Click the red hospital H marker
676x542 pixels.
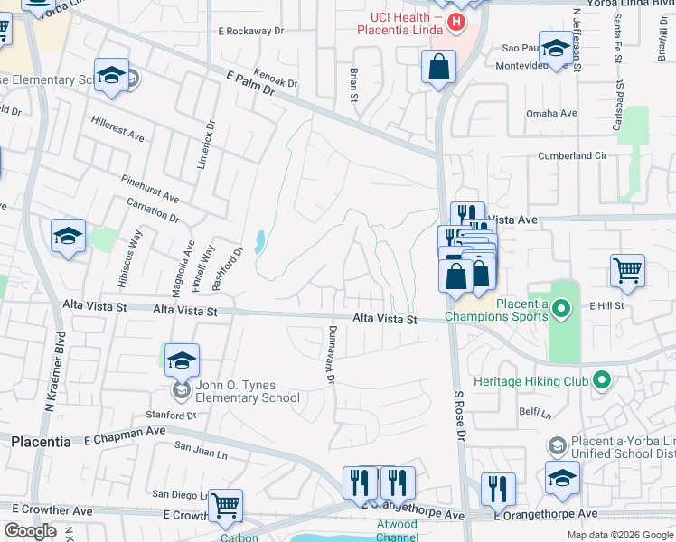tap(457, 22)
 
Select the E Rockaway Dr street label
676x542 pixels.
tap(250, 31)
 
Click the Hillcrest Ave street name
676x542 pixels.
tap(117, 127)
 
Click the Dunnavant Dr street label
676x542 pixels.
tap(332, 355)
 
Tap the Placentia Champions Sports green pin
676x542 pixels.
tap(561, 310)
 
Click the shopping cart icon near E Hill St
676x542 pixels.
tap(627, 269)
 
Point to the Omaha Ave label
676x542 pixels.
tap(551, 114)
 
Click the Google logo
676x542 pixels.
tap(30, 531)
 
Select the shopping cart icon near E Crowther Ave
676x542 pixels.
tap(225, 505)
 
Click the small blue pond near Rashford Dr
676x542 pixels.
tap(260, 241)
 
